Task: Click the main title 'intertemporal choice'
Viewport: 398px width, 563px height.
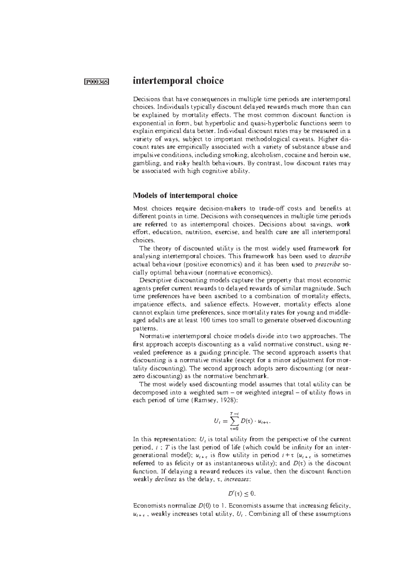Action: (178, 81)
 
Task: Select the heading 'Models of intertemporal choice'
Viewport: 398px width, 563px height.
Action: (185, 195)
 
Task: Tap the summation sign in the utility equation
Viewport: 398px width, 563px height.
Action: (234, 421)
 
